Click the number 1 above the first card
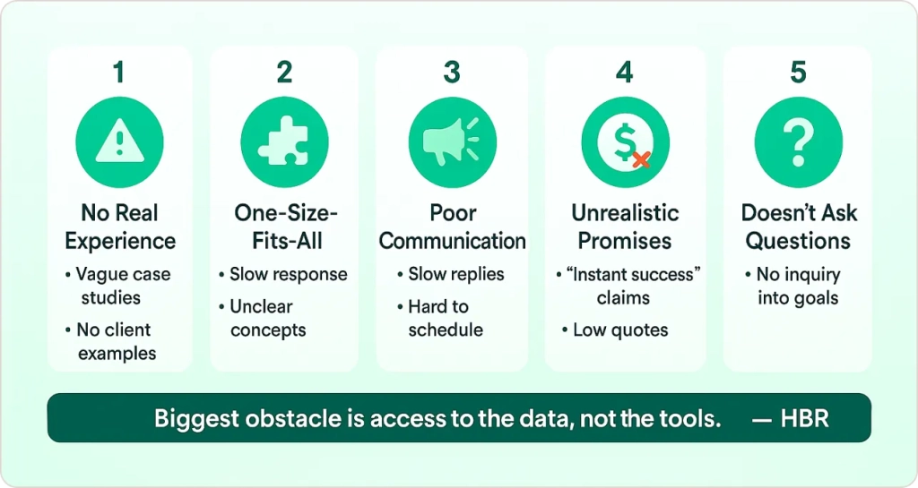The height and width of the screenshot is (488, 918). coord(119,73)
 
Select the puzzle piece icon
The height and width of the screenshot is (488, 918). coord(284,142)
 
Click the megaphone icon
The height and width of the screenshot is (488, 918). coord(451,142)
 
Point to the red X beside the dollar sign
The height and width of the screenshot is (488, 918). coord(641,159)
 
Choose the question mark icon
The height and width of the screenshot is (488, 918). coord(799,141)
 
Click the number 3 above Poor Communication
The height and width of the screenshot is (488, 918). coord(452,73)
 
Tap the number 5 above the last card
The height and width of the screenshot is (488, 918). coord(798,73)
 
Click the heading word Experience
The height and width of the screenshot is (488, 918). coord(120,241)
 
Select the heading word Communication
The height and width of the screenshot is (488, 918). coord(452,241)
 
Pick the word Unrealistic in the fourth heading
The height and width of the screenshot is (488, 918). coord(625,213)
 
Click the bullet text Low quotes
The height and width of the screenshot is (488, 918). coord(620,330)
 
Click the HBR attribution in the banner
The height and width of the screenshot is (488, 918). coord(804,418)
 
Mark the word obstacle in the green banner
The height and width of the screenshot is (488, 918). coord(294,418)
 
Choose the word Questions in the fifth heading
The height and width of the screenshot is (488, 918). coord(798,241)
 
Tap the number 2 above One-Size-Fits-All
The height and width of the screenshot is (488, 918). coord(284,73)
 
